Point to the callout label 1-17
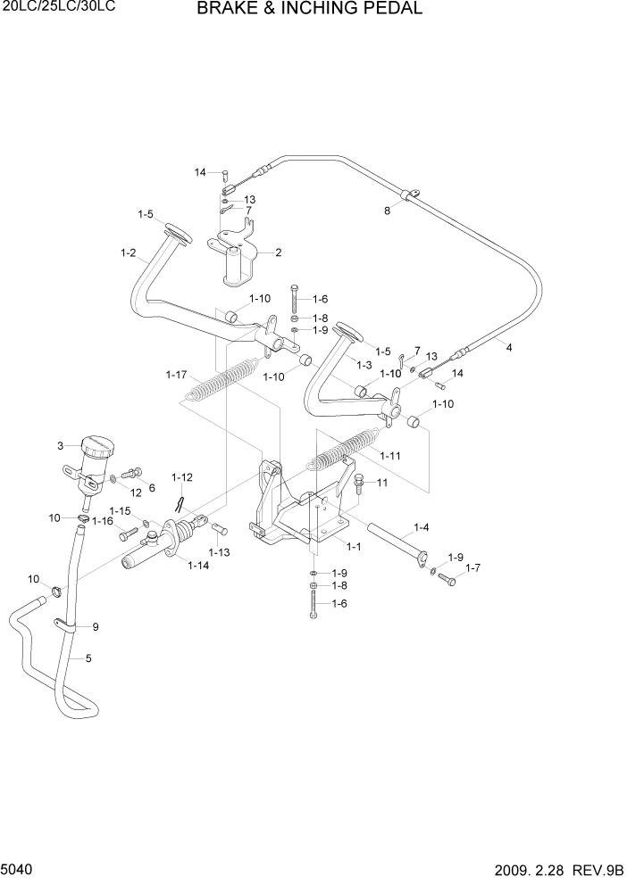click(177, 374)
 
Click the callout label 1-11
click(390, 456)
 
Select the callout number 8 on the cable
click(387, 211)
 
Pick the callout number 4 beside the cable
click(508, 348)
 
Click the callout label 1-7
click(472, 567)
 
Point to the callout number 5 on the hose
click(88, 659)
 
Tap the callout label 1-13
click(219, 552)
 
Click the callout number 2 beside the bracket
click(278, 252)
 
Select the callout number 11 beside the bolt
click(381, 483)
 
